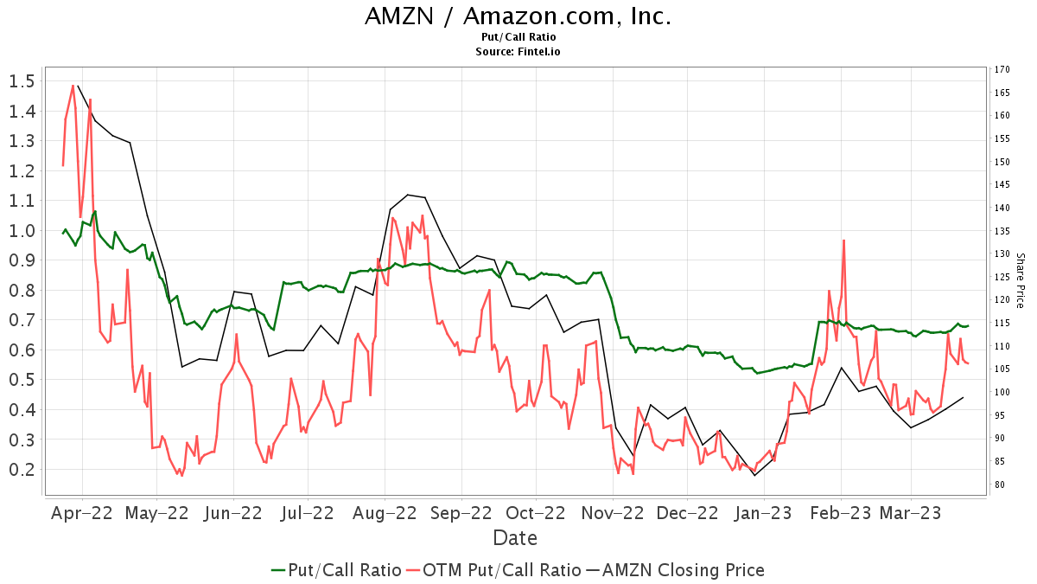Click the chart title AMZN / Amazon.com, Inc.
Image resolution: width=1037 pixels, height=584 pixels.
[518, 16]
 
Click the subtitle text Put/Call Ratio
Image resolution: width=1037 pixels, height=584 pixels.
[518, 37]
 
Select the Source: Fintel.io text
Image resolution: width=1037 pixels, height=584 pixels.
[518, 52]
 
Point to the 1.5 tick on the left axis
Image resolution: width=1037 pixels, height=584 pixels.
[22, 81]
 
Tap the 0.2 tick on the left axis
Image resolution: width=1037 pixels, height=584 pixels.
[22, 470]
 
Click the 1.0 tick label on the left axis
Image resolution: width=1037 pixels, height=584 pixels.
[22, 231]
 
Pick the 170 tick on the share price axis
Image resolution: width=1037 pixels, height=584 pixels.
[1002, 69]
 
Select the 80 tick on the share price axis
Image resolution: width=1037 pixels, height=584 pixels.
[1000, 485]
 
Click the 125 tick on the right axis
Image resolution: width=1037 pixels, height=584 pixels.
[1002, 277]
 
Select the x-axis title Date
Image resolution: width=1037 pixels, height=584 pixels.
[515, 538]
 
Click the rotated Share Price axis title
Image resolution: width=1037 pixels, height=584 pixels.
[1020, 280]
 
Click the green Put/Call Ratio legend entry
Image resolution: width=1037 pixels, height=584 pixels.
[336, 570]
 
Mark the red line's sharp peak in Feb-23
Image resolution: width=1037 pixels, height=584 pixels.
[843, 241]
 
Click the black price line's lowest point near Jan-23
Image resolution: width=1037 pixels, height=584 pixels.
[754, 475]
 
